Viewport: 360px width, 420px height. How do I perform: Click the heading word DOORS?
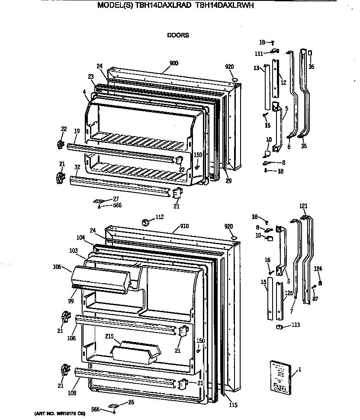point(178,36)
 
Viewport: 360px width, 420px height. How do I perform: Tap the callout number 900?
point(174,63)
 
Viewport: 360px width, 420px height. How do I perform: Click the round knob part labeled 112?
point(146,223)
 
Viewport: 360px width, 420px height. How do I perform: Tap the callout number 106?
point(57,267)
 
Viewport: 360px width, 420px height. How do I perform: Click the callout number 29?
point(228,181)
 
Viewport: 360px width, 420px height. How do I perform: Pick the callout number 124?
point(318,269)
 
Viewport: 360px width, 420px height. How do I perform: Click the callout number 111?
point(259,53)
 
